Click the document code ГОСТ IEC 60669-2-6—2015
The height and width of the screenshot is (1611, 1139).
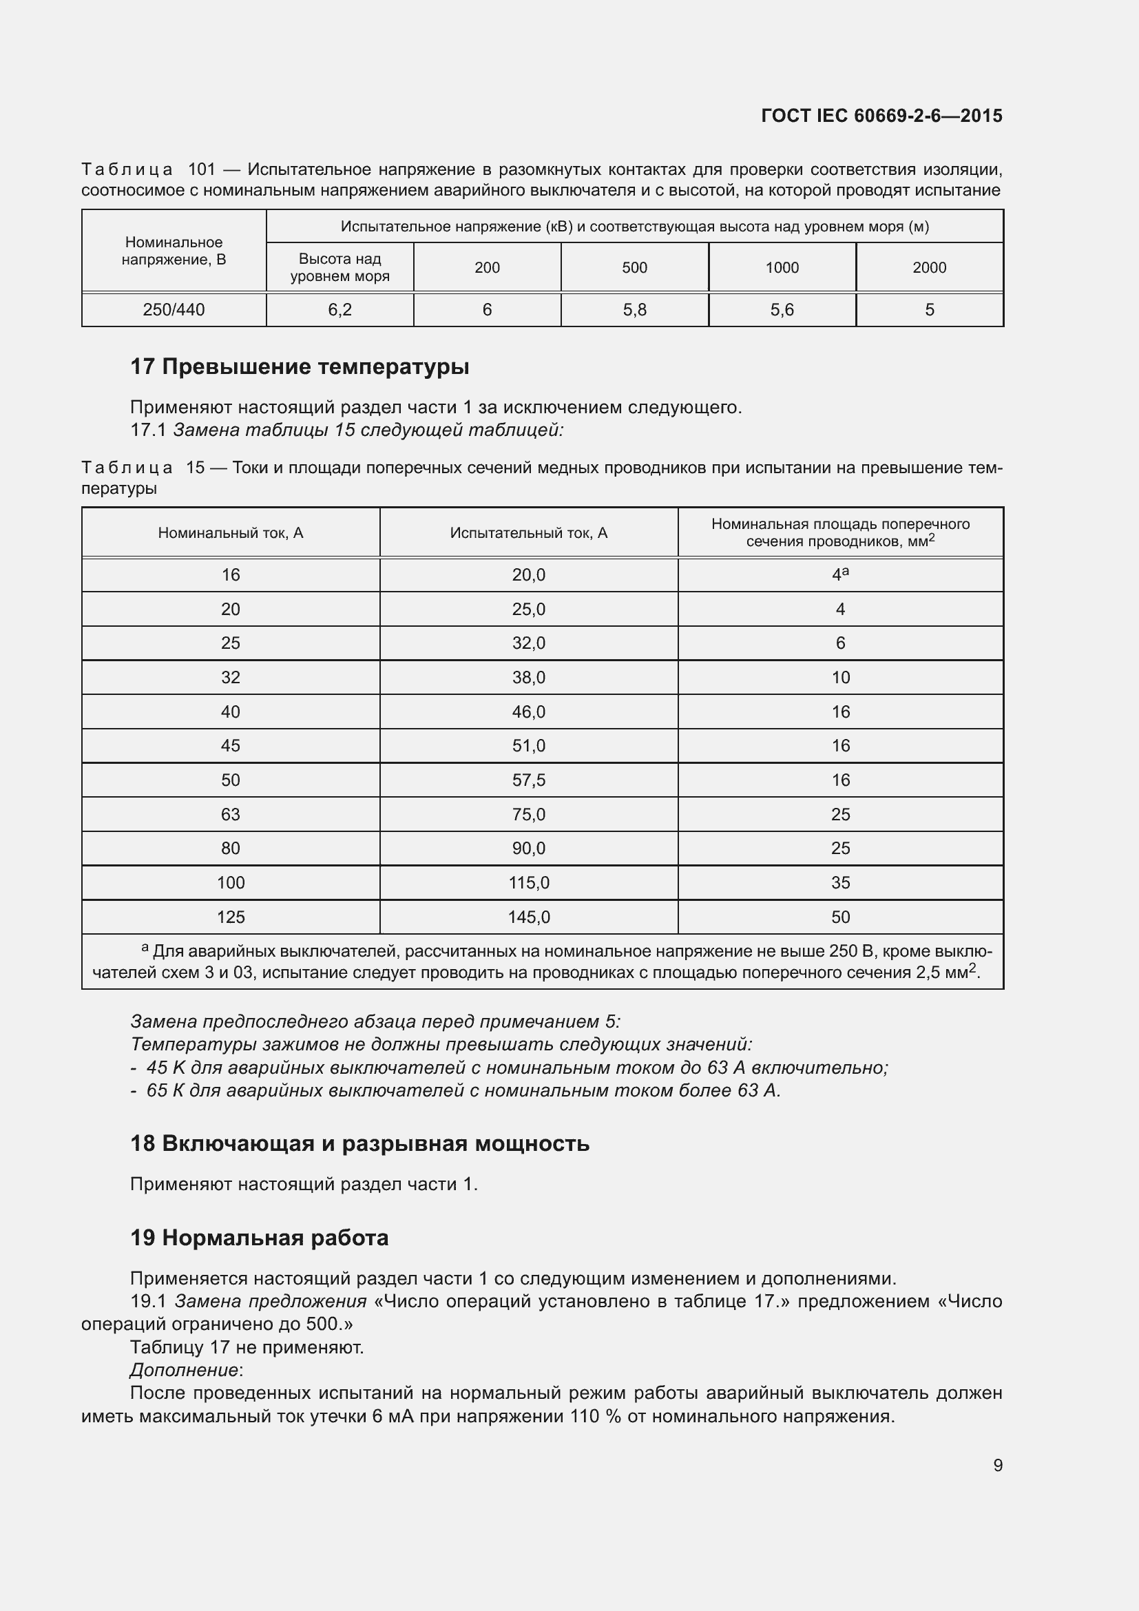coord(881,116)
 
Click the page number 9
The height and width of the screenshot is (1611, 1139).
coord(997,1465)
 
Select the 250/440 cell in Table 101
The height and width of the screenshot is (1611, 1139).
coord(174,309)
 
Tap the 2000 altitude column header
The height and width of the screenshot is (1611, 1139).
coord(928,267)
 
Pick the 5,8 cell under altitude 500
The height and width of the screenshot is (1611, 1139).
coord(634,309)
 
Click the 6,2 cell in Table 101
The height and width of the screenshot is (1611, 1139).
coord(339,309)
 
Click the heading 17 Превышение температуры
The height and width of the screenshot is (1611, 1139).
coord(300,367)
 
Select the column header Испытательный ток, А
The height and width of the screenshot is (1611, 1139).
coord(528,533)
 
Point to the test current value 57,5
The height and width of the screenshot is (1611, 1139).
coord(528,780)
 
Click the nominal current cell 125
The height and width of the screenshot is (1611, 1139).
coord(230,917)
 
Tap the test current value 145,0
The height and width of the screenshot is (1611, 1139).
coord(528,917)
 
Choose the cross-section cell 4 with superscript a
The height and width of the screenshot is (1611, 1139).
coord(839,574)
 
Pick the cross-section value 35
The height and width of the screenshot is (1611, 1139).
coord(839,883)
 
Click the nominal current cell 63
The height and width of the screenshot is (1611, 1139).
coord(230,815)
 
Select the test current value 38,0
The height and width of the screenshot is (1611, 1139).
coord(528,678)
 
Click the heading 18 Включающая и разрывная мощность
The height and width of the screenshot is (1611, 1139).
coord(359,1144)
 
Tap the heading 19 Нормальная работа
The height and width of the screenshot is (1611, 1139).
coord(259,1238)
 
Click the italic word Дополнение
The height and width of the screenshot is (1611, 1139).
coord(184,1371)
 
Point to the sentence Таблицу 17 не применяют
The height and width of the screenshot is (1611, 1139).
coord(247,1347)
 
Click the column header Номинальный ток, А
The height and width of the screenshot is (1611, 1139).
coord(230,533)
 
